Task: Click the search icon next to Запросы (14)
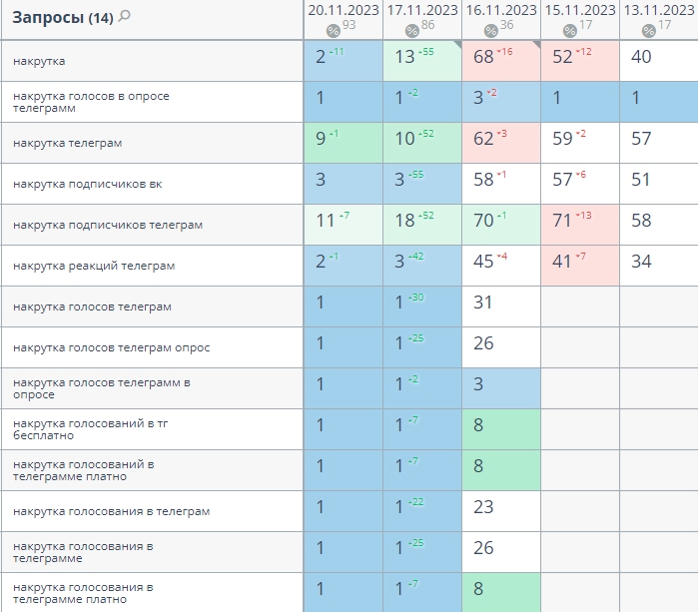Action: pos(125,16)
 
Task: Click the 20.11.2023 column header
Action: pos(343,10)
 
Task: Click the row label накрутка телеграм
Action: pos(68,143)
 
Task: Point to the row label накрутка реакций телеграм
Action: pos(94,266)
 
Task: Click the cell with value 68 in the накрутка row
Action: pos(485,57)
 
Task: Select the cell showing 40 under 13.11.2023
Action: pos(641,57)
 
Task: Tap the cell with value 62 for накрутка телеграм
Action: pos(484,139)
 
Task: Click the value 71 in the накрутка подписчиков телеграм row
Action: pos(563,221)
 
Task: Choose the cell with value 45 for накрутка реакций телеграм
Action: pos(484,262)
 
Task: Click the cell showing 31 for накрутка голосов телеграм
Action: pos(483,302)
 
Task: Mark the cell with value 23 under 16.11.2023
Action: pos(483,506)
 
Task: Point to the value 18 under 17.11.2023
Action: pos(405,221)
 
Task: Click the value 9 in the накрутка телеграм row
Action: pos(322,139)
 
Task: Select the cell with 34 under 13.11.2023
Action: pos(641,262)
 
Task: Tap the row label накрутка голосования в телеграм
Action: pos(112,511)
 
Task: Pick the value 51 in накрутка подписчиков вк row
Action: pos(641,180)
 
